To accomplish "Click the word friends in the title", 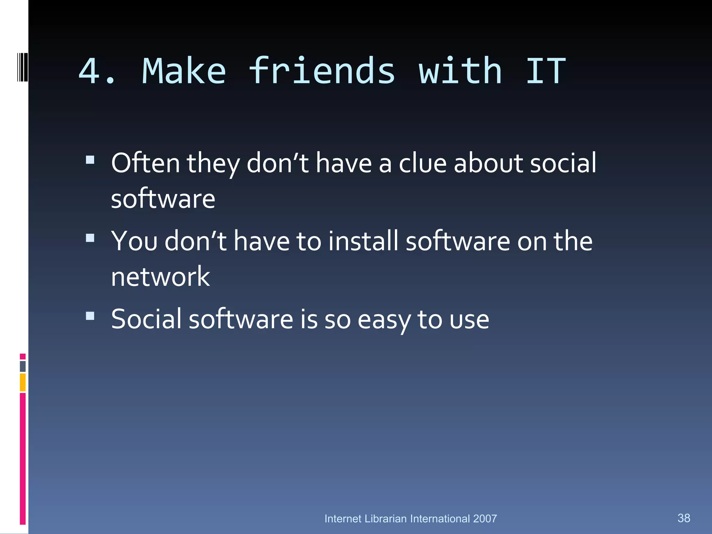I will (x=322, y=71).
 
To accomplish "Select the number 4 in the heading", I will (x=89, y=71).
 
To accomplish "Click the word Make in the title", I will (x=184, y=71).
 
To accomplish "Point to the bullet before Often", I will (x=90, y=160).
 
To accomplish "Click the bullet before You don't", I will (x=90, y=238).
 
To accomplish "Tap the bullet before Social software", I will (x=90, y=316).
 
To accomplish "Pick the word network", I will (x=160, y=277).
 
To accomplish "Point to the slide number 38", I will (x=684, y=518).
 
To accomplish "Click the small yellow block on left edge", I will (x=23, y=382).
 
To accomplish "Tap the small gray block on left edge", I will (x=23, y=366).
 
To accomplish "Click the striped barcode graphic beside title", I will (x=22, y=67).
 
